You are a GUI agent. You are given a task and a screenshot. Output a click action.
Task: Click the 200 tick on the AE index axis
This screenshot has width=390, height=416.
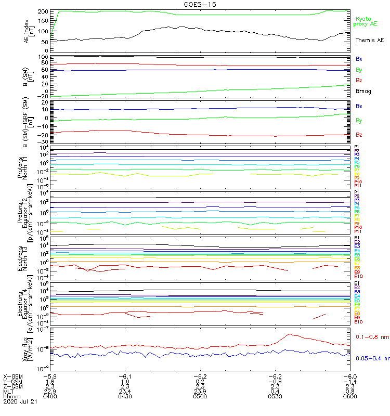tap(44, 11)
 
